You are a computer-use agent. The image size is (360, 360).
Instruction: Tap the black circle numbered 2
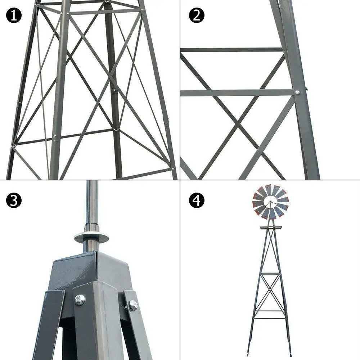pyautogui.click(x=197, y=15)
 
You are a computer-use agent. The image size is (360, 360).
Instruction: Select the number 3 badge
pyautogui.click(x=14, y=201)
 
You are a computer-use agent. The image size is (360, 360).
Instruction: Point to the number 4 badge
pyautogui.click(x=197, y=201)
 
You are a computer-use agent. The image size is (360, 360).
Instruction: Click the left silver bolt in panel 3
pyautogui.click(x=80, y=299)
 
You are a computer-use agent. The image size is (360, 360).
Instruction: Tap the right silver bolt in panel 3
pyautogui.click(x=133, y=305)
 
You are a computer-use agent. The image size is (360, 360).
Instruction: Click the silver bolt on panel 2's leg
pyautogui.click(x=297, y=93)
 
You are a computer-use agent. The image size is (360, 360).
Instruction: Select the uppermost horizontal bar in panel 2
pyautogui.click(x=230, y=50)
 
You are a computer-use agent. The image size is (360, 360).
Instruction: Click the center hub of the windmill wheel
pyautogui.click(x=271, y=202)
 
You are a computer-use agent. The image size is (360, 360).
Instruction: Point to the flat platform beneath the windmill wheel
pyautogui.click(x=271, y=228)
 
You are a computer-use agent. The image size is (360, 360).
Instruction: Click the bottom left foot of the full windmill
pyautogui.click(x=248, y=355)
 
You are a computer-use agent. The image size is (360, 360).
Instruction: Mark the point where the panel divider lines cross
pyautogui.click(x=180, y=180)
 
